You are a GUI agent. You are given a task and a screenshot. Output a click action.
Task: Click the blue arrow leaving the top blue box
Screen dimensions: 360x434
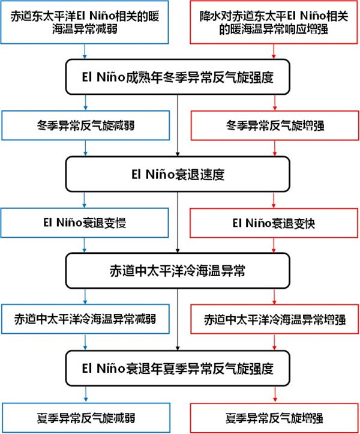pyautogui.click(x=85, y=52)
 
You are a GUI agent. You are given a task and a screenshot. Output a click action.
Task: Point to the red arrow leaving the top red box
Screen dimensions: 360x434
pyautogui.click(x=274, y=52)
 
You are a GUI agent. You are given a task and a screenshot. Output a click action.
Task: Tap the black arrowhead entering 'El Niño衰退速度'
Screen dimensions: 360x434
pyautogui.click(x=178, y=154)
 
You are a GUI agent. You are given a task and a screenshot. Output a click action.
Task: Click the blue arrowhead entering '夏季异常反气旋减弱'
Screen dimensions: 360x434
pyautogui.click(x=86, y=400)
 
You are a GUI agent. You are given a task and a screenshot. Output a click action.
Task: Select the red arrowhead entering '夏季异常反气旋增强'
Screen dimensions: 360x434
pyautogui.click(x=275, y=400)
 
